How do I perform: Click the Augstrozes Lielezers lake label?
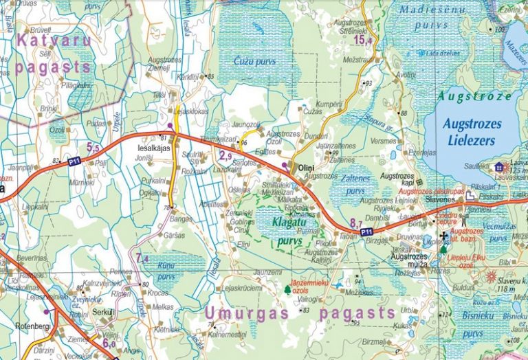point(472,132)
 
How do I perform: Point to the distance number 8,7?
point(355,223)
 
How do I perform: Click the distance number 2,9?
point(225,156)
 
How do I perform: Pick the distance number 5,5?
point(93,146)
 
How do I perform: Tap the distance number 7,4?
point(142,258)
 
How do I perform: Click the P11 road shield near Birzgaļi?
point(367,234)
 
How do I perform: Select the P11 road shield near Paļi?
point(74,161)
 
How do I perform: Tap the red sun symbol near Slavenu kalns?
point(491,277)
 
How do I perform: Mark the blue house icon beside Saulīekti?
point(498,167)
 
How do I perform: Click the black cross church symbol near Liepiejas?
point(443,237)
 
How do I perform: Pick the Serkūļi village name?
point(104,311)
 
